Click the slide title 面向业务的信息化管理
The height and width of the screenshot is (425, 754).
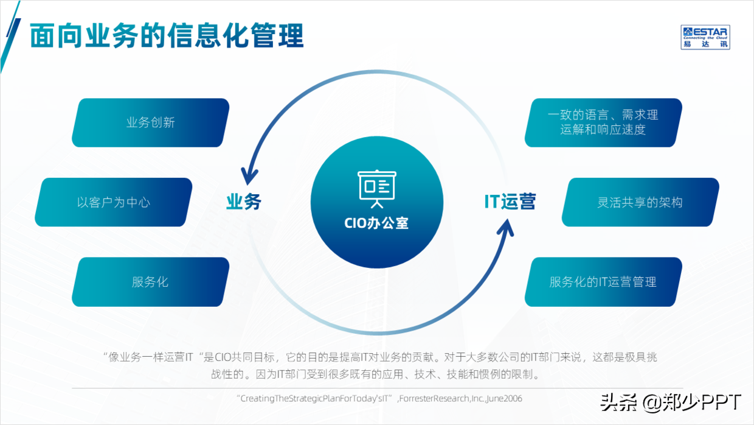167,36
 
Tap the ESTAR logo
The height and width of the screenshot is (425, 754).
705,37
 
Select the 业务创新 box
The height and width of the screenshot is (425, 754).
150,122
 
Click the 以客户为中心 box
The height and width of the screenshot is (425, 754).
113,202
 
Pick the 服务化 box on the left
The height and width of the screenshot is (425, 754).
150,282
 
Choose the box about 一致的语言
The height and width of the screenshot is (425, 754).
603,122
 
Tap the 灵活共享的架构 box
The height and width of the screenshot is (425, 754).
640,202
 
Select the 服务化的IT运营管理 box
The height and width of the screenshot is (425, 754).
603,282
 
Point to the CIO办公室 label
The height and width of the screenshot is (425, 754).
376,223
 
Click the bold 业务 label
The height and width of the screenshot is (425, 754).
243,202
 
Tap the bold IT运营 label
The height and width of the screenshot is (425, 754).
510,202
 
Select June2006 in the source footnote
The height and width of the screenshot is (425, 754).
503,399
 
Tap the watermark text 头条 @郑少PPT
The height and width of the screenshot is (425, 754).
671,402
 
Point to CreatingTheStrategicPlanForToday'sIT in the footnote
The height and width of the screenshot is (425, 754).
316,399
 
